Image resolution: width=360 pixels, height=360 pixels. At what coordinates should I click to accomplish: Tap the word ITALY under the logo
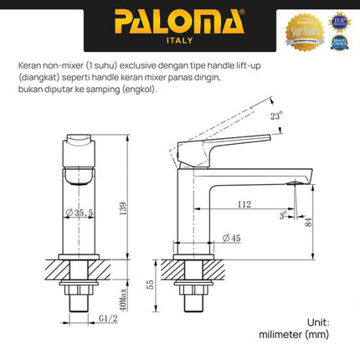pos(179,39)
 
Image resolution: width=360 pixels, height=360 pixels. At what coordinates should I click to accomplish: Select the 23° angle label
pos(277,117)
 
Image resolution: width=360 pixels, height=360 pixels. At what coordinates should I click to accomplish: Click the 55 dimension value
pos(150,285)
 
